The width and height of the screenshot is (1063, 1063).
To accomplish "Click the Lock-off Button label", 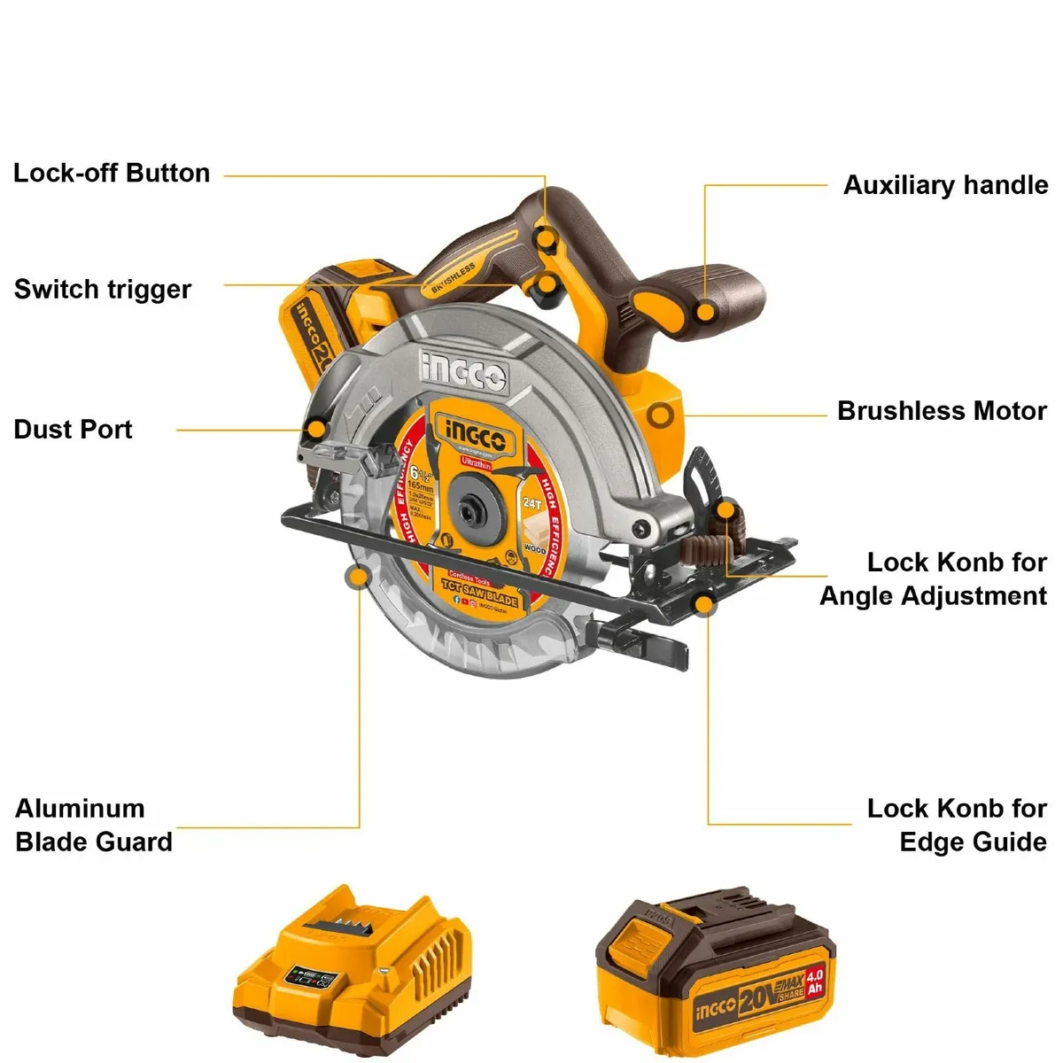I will click(x=112, y=173).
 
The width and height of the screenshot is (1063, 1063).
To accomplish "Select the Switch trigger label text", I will click(x=103, y=290).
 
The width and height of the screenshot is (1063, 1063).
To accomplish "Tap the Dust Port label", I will click(x=74, y=430).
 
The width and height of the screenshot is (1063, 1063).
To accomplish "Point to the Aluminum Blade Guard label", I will click(x=94, y=825).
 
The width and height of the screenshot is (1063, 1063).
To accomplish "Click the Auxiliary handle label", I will click(x=945, y=185).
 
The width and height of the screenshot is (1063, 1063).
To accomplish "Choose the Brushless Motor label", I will click(x=942, y=411).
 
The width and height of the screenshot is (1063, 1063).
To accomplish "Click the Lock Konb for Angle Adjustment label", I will click(x=934, y=578).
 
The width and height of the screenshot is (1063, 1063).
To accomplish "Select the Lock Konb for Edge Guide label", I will click(x=957, y=825).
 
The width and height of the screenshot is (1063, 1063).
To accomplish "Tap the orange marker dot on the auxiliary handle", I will click(x=706, y=312).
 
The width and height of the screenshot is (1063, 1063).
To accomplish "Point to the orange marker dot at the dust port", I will click(x=316, y=430).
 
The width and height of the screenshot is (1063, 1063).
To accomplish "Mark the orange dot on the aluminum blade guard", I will click(x=358, y=578).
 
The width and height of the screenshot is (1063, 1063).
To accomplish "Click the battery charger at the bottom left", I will click(x=353, y=972).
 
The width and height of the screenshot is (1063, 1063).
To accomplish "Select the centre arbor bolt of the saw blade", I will click(x=467, y=511).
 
